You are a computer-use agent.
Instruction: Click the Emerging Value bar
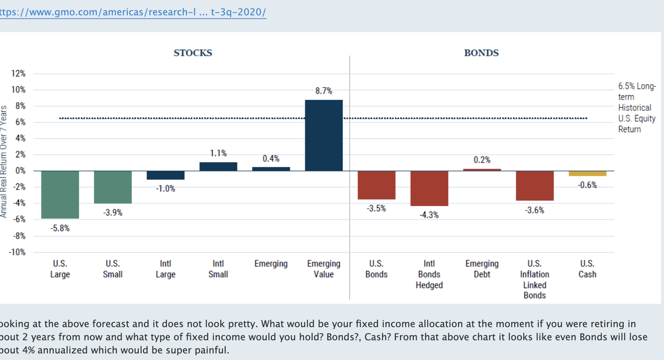point(324,135)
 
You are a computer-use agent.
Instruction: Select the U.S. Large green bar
point(60,195)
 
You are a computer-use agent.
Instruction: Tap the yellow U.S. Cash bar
point(587,173)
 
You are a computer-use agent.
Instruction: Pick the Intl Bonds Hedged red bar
point(429,188)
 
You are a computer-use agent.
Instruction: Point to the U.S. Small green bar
point(112,187)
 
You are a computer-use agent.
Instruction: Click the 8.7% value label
point(324,91)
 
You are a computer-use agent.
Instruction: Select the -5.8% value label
point(60,228)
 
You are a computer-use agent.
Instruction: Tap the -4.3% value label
point(429,215)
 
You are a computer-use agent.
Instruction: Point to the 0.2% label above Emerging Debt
point(482,160)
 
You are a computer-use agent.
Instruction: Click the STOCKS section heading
point(193,53)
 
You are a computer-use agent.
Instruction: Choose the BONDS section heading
point(481,53)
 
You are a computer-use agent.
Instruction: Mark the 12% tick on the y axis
point(18,73)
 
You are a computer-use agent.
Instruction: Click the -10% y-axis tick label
point(17,252)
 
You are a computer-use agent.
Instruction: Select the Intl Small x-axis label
point(218,269)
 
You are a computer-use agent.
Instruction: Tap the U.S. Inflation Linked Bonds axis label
point(535,279)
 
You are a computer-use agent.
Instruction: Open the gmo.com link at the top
point(133,12)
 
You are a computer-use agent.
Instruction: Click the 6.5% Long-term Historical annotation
point(636,107)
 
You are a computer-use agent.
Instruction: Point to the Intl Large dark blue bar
point(165,175)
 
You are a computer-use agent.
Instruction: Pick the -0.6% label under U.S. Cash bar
point(587,185)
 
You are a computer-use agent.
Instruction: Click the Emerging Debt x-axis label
point(482,269)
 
